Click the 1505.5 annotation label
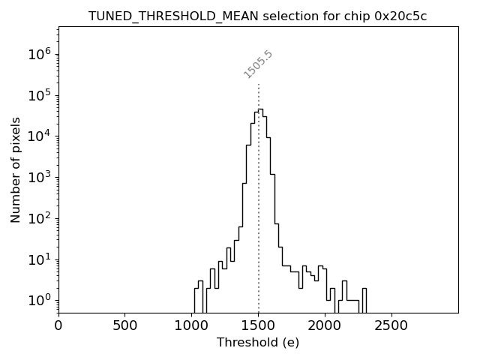click(258, 64)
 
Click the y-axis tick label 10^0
click(38, 301)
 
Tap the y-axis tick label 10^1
click(38, 259)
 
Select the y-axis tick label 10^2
click(38, 218)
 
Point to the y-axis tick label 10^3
click(38, 177)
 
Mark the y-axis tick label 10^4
click(38, 136)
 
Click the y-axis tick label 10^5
click(38, 94)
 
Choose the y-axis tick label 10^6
click(38, 53)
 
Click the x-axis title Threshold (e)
click(258, 343)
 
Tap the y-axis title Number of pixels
click(16, 169)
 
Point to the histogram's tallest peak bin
click(260, 110)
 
